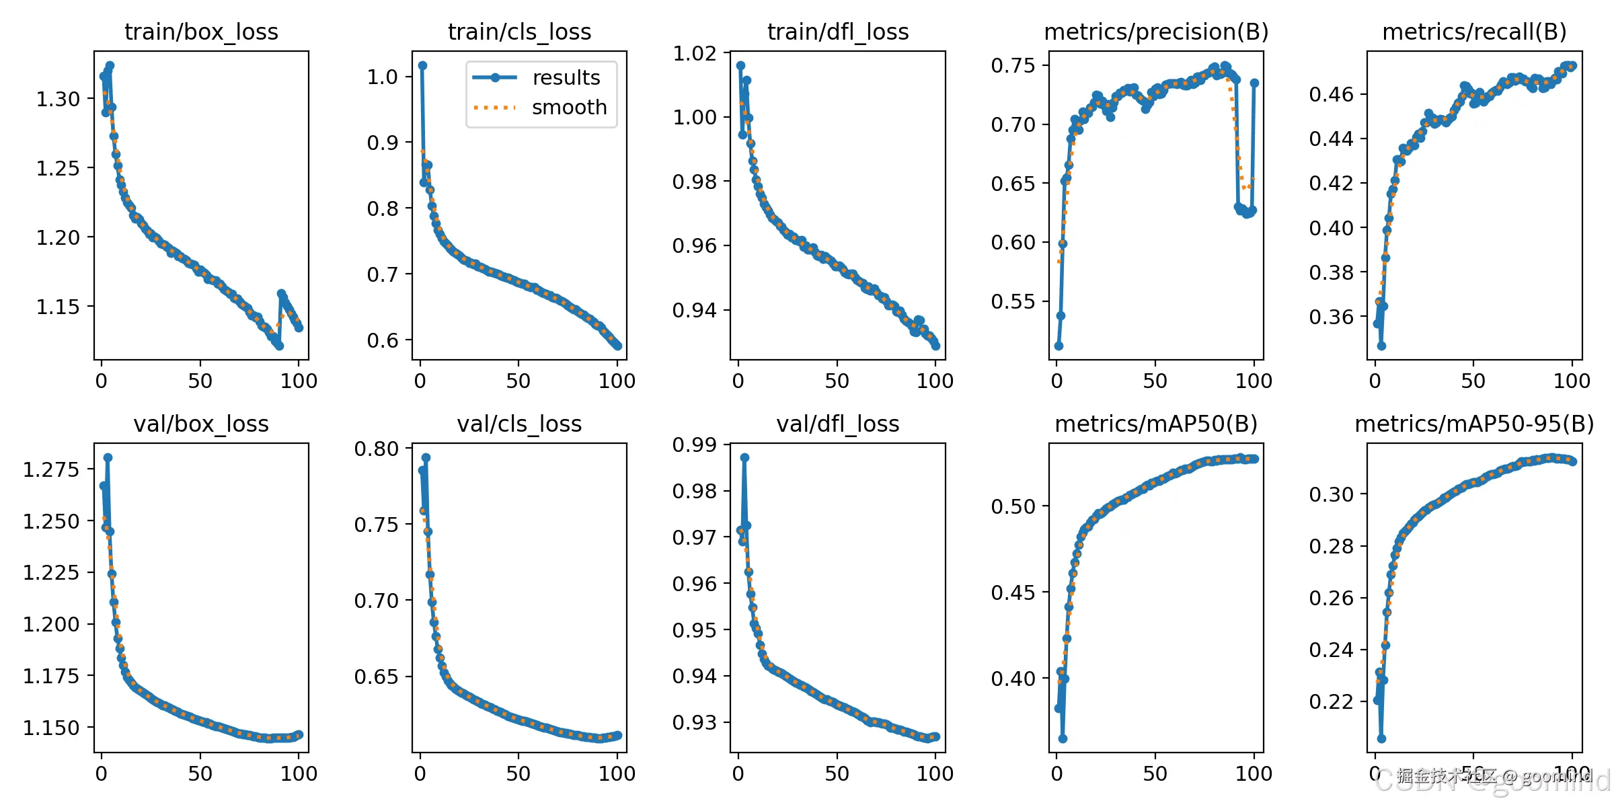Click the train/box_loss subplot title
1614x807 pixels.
point(201,32)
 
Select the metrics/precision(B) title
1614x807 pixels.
point(1156,32)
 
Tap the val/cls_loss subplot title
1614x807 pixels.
point(519,424)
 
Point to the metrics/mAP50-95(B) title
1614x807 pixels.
point(1474,424)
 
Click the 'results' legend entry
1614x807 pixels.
point(566,78)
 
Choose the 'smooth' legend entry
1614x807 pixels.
point(569,108)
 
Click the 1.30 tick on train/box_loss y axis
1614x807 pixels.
point(58,100)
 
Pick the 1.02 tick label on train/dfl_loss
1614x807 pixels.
point(695,53)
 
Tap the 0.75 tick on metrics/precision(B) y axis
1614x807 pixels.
point(1013,66)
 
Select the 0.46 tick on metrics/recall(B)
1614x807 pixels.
point(1331,95)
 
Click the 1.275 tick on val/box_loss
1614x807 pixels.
point(51,469)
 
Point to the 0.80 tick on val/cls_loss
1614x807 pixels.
point(377,449)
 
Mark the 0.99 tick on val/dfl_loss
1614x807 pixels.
point(695,445)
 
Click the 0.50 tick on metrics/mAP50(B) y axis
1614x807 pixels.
point(1013,506)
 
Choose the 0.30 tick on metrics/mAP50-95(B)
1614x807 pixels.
point(1331,495)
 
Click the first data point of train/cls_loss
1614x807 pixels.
point(422,66)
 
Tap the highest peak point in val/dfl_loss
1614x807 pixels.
point(744,457)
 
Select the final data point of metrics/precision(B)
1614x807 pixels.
point(1254,83)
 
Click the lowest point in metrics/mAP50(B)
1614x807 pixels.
point(1063,738)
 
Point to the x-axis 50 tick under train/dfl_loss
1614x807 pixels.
point(837,381)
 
